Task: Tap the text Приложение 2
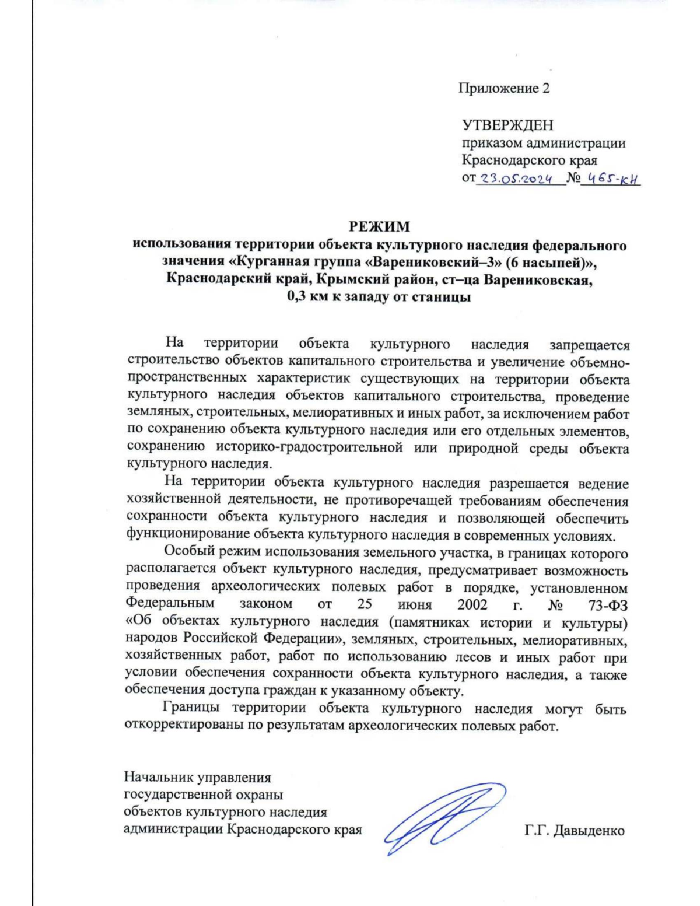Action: [504, 88]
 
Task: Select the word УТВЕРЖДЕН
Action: [508, 125]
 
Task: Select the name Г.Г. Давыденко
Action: [575, 830]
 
